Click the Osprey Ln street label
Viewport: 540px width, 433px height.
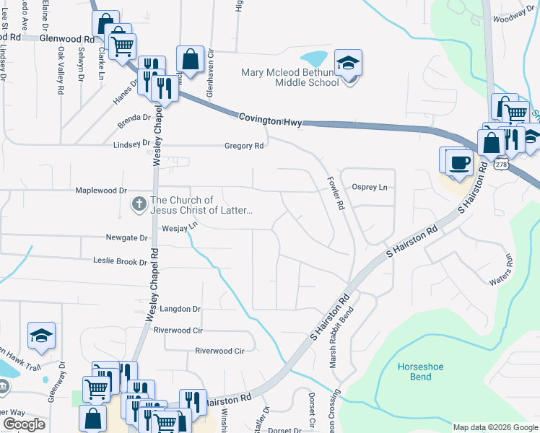(369, 188)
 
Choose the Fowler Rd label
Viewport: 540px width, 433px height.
(334, 193)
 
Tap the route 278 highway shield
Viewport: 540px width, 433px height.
(500, 165)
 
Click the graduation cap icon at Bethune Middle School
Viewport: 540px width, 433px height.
(349, 64)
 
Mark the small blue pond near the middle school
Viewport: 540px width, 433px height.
(314, 57)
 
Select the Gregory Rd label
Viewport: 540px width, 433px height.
(248, 145)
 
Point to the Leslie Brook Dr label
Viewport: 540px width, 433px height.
(120, 261)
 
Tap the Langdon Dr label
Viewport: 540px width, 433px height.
(178, 309)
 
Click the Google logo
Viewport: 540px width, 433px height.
(24, 424)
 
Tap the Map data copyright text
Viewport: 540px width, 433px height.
(495, 427)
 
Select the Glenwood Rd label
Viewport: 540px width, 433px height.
(67, 38)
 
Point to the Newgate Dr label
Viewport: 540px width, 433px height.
(126, 237)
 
